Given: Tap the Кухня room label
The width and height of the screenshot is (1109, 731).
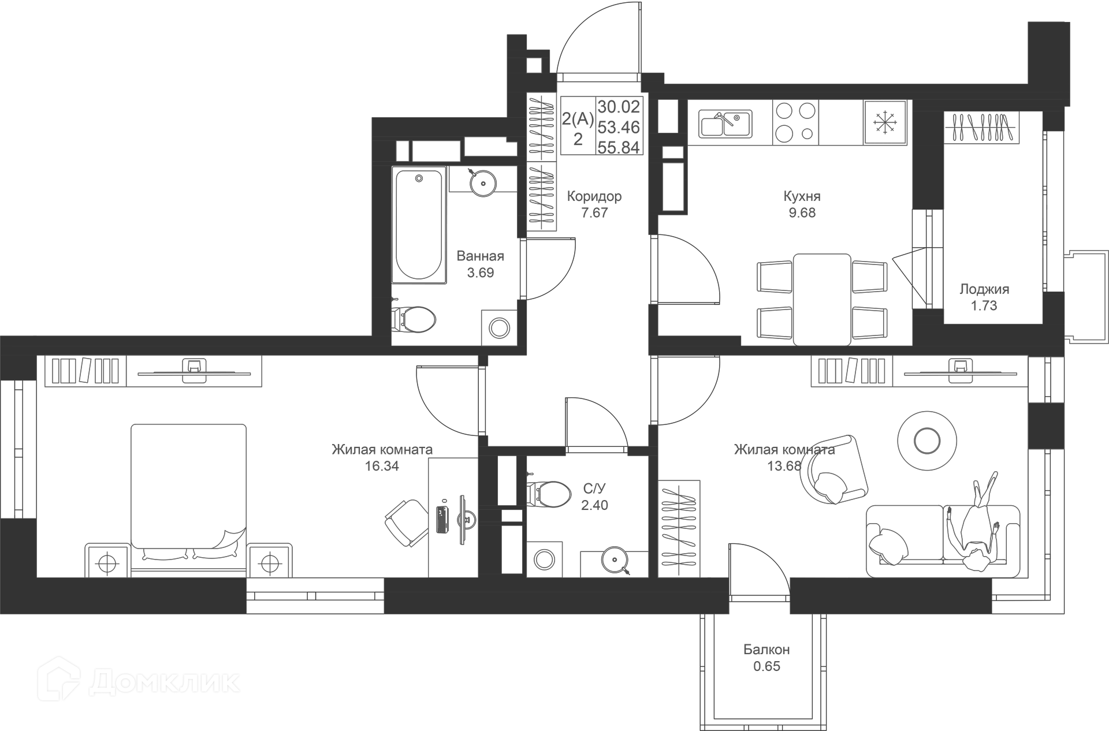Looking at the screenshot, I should pyautogui.click(x=802, y=196).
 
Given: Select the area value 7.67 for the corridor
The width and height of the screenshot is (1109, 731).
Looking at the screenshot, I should pyautogui.click(x=594, y=212).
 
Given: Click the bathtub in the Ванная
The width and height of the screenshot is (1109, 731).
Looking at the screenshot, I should pyautogui.click(x=419, y=225).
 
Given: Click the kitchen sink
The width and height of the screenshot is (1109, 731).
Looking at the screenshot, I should pyautogui.click(x=725, y=124).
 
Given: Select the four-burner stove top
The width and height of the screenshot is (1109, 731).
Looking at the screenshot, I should pyautogui.click(x=795, y=122).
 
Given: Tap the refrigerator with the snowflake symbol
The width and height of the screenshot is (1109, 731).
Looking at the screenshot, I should pyautogui.click(x=884, y=122).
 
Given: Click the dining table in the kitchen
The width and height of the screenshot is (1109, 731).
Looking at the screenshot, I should pyautogui.click(x=821, y=299).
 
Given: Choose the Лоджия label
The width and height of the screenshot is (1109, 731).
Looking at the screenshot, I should pyautogui.click(x=984, y=289).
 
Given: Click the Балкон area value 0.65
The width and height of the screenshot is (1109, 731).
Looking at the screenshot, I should pyautogui.click(x=766, y=666).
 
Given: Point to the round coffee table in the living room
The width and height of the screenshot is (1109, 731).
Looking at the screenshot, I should pyautogui.click(x=927, y=441).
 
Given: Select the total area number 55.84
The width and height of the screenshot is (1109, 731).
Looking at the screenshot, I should pyautogui.click(x=619, y=148).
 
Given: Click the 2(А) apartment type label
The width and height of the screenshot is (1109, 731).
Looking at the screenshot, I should pyautogui.click(x=578, y=119).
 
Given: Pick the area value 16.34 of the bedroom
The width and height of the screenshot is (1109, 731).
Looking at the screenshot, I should pyautogui.click(x=382, y=466).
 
